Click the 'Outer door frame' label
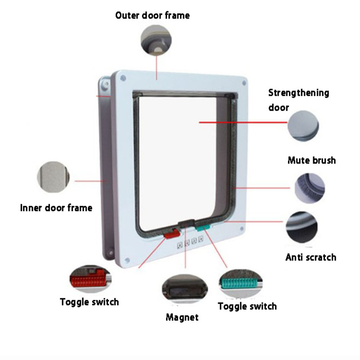(x=153, y=15)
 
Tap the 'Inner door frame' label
(x=56, y=208)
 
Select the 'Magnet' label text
(x=182, y=317)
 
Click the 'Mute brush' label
(x=311, y=160)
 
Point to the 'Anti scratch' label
(x=311, y=257)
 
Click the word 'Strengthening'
(x=299, y=93)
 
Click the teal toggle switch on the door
(x=202, y=228)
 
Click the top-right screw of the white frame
(x=243, y=83)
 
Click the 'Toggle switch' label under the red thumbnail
(x=90, y=301)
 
